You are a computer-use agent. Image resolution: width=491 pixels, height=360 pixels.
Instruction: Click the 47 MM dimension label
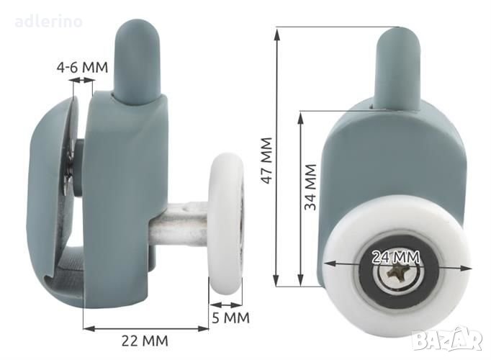[266, 161]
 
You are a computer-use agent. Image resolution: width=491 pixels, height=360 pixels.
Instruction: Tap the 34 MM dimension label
[310, 187]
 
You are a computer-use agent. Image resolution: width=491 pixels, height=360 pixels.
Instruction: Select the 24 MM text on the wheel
[396, 257]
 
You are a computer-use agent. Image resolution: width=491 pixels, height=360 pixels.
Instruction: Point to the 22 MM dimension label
[145, 341]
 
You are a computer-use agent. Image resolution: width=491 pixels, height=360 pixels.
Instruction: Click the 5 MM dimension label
[231, 318]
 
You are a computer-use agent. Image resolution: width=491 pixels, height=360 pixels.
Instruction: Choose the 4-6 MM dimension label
[82, 67]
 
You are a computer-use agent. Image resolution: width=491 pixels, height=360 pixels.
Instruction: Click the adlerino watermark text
[48, 22]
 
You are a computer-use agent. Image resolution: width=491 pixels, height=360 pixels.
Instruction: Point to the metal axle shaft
[178, 223]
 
